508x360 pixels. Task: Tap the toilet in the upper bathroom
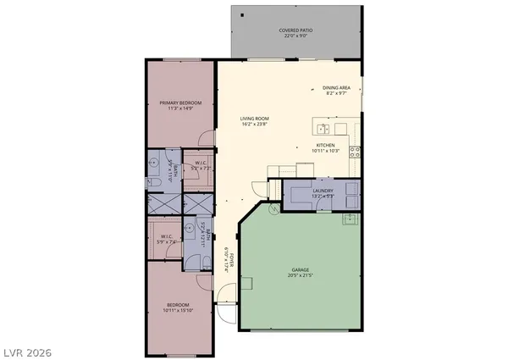click(157, 182)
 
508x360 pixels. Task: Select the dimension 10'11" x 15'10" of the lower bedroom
click(178, 309)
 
